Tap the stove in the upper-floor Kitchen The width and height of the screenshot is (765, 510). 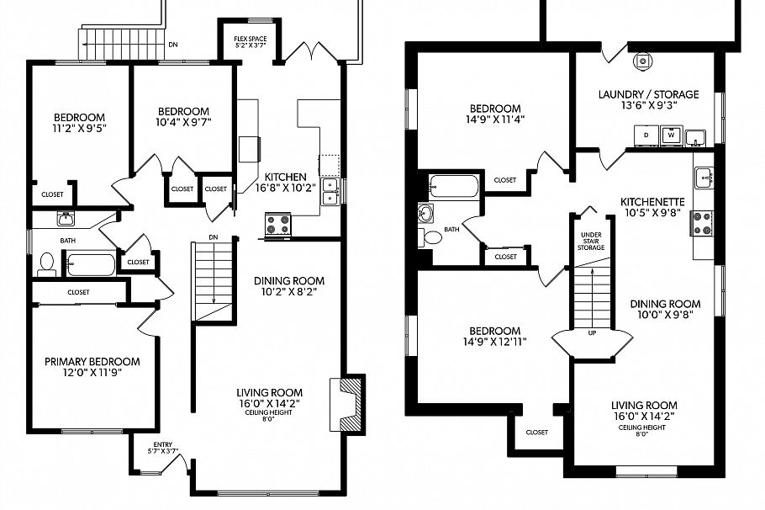[278, 223]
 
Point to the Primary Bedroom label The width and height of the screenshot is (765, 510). [92, 362]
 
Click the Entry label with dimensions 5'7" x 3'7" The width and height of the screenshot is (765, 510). [163, 448]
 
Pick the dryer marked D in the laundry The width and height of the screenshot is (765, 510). [646, 135]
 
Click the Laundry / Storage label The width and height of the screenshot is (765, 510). [648, 94]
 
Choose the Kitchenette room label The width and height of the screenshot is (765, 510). [653, 202]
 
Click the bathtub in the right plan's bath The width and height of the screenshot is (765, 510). [453, 185]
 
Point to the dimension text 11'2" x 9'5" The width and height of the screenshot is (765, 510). [79, 129]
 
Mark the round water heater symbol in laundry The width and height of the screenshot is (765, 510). [643, 61]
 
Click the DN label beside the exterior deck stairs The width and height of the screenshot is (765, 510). [172, 45]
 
